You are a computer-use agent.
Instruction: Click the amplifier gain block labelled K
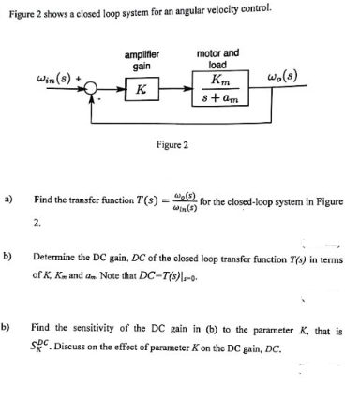click(x=140, y=91)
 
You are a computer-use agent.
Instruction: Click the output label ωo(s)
click(x=284, y=74)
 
